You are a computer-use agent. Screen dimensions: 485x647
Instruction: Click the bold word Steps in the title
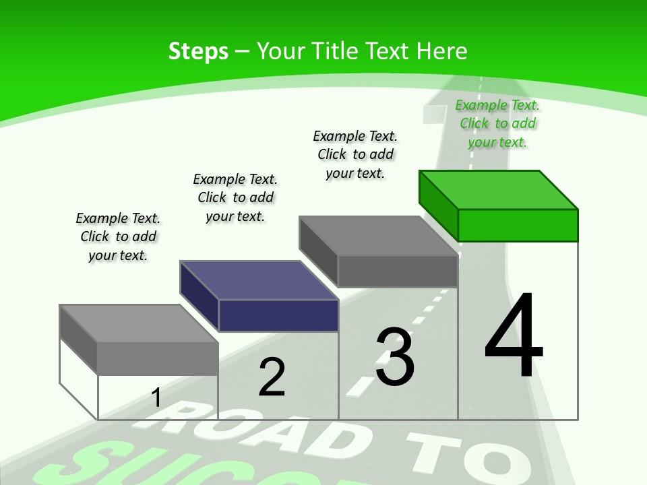click(x=198, y=51)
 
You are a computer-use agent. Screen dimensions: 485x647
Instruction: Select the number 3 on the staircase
click(x=395, y=357)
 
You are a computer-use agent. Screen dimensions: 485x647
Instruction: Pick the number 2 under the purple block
click(x=272, y=377)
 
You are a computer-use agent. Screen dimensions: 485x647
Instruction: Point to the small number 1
click(x=156, y=397)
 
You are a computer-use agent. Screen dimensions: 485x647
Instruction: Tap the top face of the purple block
click(x=259, y=280)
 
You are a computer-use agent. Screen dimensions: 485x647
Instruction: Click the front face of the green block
click(x=518, y=225)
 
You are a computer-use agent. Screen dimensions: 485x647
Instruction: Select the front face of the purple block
click(x=278, y=315)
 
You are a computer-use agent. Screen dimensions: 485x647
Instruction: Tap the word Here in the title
click(x=442, y=51)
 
